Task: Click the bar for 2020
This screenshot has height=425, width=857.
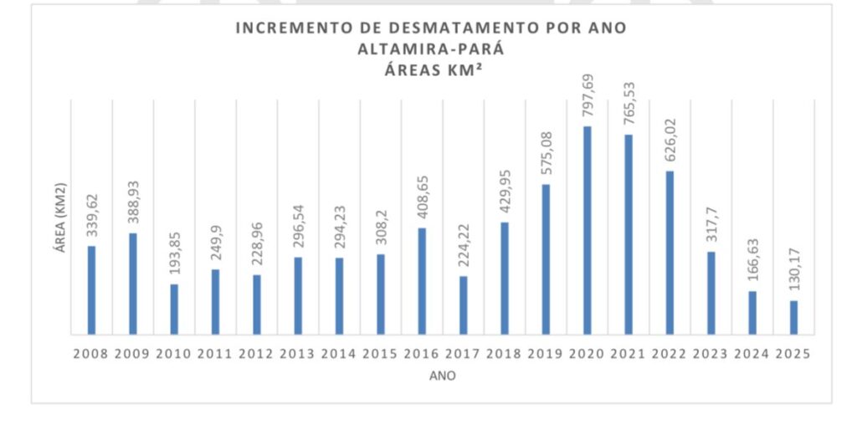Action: coord(588,230)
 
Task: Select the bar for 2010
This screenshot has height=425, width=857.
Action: coord(174,309)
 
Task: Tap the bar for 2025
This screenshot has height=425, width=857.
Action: coord(793,317)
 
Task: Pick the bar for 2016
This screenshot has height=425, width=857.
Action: coord(422,281)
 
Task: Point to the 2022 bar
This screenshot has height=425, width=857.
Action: coord(670,252)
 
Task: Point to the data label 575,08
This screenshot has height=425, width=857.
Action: coord(546,155)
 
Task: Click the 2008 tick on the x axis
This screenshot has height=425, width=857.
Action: coord(91,354)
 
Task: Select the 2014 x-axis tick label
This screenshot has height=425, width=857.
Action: coord(339,354)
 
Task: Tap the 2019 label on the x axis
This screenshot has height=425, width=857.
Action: coord(546,354)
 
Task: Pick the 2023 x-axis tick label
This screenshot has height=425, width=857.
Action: coord(711,354)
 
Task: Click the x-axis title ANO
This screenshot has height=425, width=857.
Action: coord(442,376)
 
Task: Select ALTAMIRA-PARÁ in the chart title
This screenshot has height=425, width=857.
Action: coord(430,49)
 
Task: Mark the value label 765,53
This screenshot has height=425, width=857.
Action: coord(629,105)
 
